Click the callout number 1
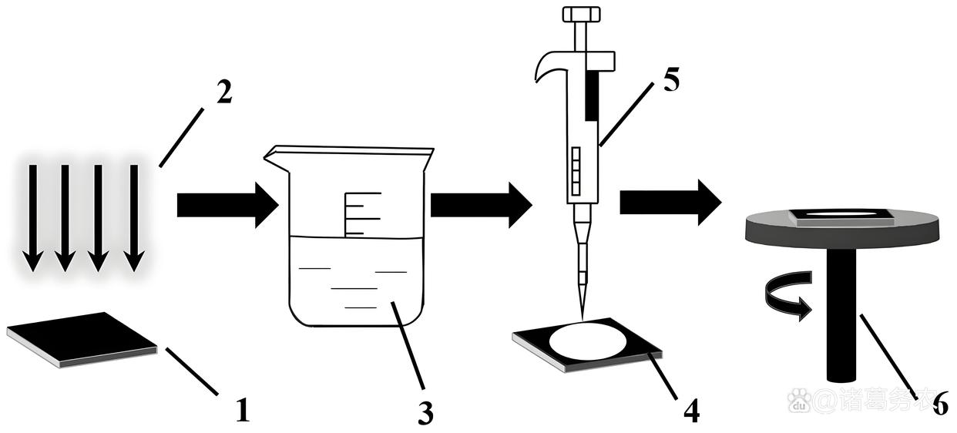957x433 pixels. coord(242,409)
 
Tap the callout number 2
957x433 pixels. coord(223,92)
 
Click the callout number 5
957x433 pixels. coord(670,79)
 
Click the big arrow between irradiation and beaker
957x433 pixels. coord(227,205)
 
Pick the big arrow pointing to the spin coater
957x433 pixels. coord(670,202)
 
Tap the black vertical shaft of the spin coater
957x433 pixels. coord(842,316)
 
